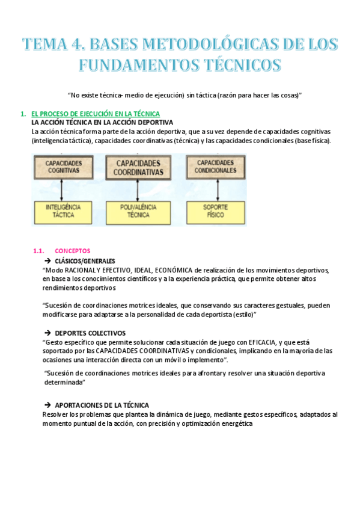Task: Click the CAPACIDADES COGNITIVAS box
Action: point(63,167)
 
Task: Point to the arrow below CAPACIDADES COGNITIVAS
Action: point(63,189)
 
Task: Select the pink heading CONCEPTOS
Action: point(72,251)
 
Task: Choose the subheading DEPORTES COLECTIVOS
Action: point(90,333)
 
